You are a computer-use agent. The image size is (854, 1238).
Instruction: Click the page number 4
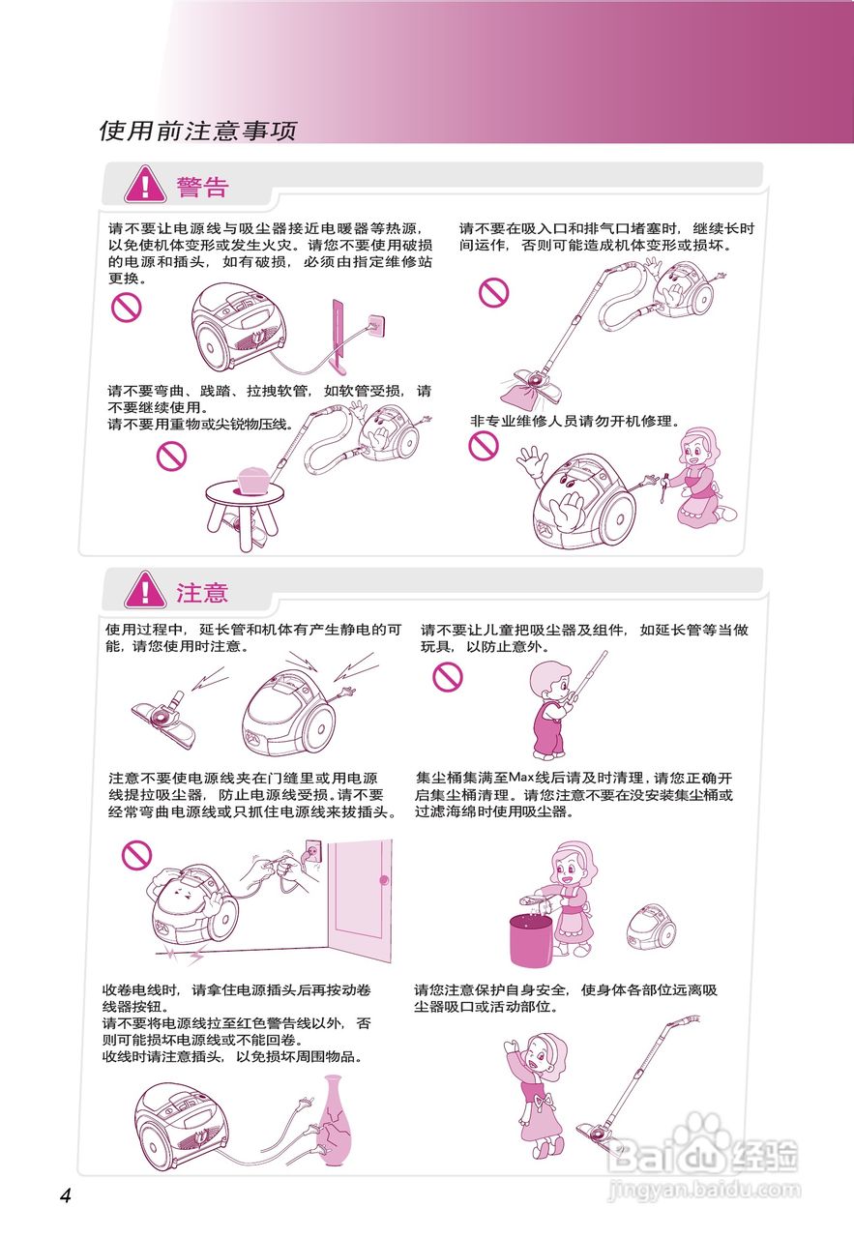(65, 1195)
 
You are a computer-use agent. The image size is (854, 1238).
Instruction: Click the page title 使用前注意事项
(197, 131)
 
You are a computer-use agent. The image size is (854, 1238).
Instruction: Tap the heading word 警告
(202, 187)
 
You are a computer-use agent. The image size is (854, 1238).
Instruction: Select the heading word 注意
(202, 591)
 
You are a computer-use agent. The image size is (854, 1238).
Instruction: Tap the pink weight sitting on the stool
(254, 478)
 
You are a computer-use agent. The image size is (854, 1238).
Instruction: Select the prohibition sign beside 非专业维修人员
(484, 446)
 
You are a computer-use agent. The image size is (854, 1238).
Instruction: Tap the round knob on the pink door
(384, 879)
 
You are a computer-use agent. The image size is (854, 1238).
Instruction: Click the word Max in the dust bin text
(522, 779)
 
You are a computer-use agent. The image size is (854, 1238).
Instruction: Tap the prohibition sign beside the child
(448, 676)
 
